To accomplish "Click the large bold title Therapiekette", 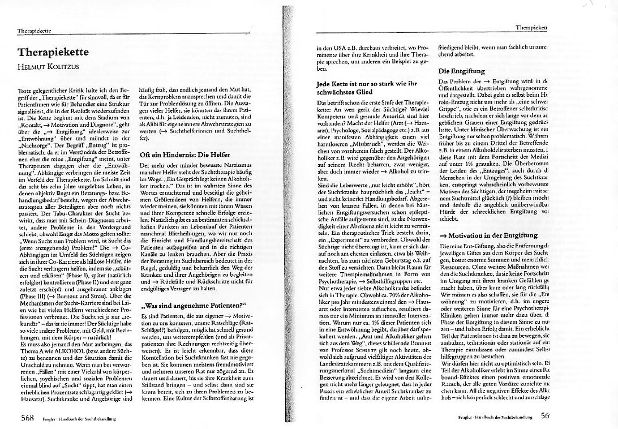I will pos(53,52).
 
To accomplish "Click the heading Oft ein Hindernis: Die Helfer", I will pos(183,139).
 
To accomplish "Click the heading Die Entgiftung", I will pos(461,72).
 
